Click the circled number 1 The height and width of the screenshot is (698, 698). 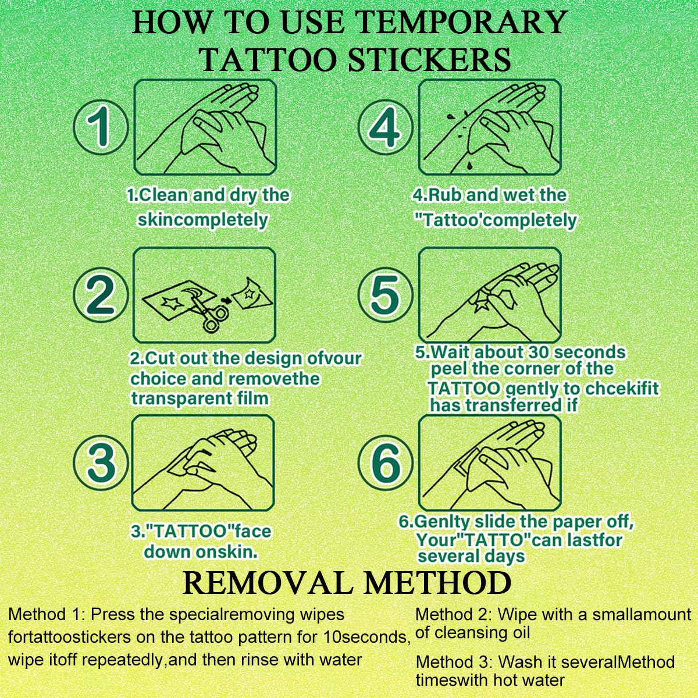101,127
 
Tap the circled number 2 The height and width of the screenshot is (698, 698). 101,295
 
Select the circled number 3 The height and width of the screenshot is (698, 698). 101,462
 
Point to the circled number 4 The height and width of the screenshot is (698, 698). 386,127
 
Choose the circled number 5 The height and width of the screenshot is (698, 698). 386,295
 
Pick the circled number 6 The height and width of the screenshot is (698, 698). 386,462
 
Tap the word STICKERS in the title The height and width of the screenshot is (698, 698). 429,60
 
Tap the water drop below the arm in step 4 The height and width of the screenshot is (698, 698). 470,166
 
